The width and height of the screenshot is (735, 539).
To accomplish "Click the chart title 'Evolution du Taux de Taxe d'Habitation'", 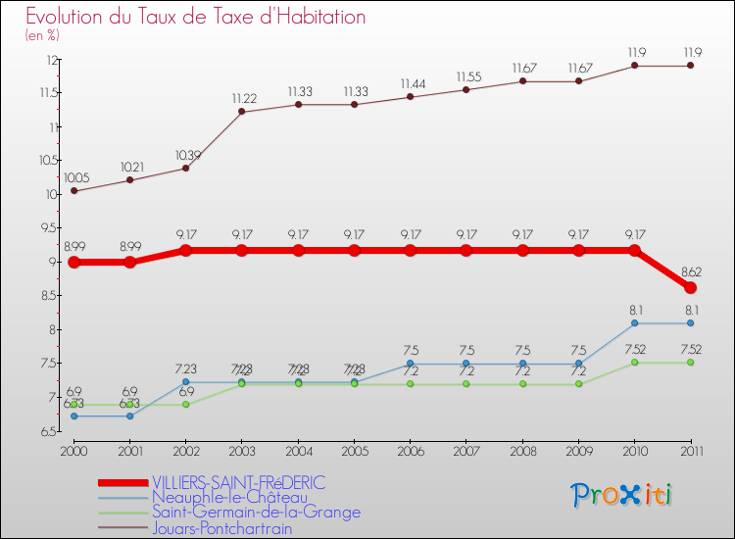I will (x=196, y=18).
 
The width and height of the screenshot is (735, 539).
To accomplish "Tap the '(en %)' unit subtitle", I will (x=42, y=35).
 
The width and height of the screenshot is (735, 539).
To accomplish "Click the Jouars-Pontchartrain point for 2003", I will (x=242, y=112).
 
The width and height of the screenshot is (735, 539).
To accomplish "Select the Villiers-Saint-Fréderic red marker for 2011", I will (x=691, y=287).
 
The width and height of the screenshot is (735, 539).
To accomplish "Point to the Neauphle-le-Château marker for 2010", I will (x=634, y=322).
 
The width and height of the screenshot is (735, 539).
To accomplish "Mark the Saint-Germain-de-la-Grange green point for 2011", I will (x=691, y=363).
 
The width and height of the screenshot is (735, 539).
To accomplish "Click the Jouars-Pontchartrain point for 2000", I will (x=73, y=190).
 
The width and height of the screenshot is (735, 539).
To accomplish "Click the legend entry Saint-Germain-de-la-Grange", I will (x=256, y=513).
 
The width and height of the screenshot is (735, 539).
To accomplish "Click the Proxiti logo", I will (x=622, y=495).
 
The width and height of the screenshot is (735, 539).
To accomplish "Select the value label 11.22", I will (x=242, y=98).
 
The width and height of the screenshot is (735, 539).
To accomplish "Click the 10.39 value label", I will (x=186, y=155).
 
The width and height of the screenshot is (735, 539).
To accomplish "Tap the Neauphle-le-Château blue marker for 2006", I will (x=411, y=364).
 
